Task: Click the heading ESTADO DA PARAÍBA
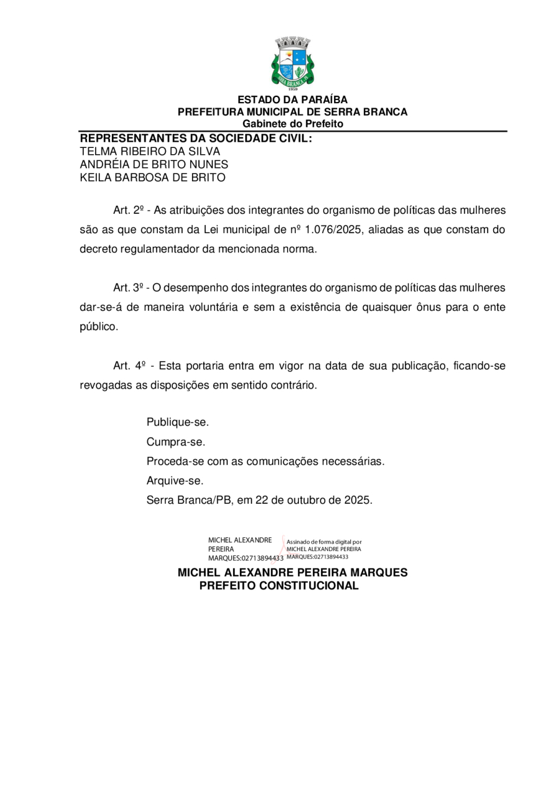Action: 293,100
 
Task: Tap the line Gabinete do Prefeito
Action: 293,124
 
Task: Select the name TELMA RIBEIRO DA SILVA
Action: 150,151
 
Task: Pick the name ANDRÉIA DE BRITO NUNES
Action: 153,164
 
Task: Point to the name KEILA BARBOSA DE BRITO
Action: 152,177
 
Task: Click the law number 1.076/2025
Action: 334,230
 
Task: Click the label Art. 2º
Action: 129,210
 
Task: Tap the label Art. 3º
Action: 129,288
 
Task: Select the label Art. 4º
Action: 129,366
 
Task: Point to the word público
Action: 98,327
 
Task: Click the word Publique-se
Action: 178,423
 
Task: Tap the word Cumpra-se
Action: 175,442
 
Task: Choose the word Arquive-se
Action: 175,481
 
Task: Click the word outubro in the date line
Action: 309,500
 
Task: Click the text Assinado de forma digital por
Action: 324,542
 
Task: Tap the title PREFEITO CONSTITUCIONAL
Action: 279,586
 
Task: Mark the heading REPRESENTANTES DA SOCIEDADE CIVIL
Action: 196,138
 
